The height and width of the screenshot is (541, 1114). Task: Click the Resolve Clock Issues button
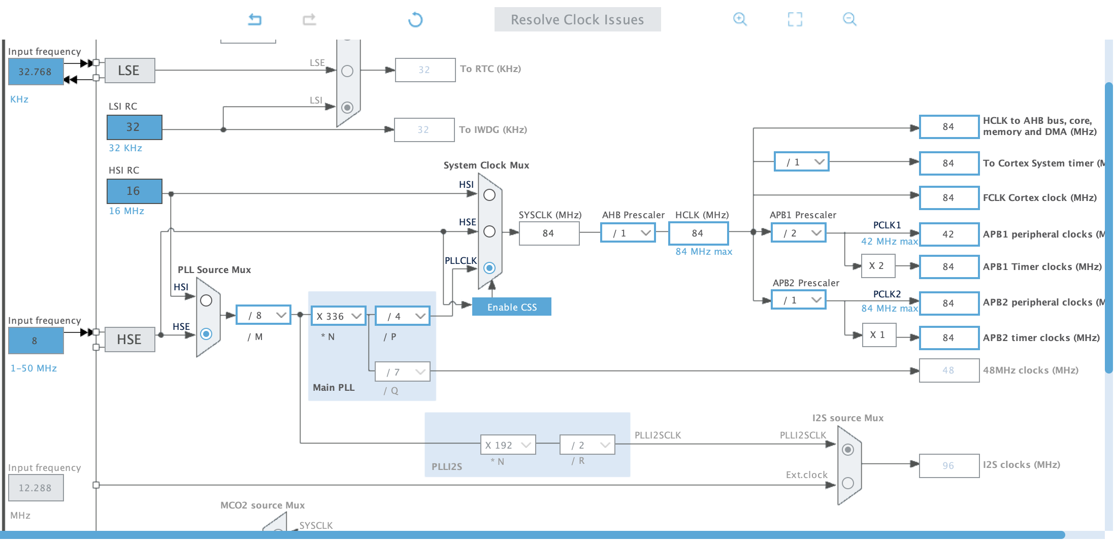[x=577, y=20]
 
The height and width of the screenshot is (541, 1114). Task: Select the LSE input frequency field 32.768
[x=36, y=72]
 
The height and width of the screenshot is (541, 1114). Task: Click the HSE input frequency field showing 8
[x=36, y=341]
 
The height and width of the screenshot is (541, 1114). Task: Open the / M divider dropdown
[x=264, y=316]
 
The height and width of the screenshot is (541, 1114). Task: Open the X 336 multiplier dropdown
[x=338, y=316]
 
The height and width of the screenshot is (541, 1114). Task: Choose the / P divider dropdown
[x=403, y=316]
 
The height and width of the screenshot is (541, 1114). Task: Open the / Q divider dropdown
[x=403, y=372]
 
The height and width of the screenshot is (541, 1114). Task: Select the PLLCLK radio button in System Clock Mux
[x=489, y=268]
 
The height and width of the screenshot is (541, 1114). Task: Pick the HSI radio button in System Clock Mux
[x=489, y=195]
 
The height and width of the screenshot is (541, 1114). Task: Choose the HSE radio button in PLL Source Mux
[x=206, y=334]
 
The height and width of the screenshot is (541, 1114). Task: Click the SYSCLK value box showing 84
[x=549, y=233]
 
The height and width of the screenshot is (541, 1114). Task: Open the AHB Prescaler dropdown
[x=628, y=233]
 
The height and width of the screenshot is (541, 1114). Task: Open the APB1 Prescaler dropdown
[x=799, y=233]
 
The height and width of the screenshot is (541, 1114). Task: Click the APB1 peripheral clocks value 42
[x=948, y=234]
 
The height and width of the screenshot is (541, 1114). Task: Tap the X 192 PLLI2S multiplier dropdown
[x=508, y=445]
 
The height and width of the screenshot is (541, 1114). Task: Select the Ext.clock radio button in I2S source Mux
[x=848, y=483]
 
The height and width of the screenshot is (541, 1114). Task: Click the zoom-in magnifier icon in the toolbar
[x=740, y=19]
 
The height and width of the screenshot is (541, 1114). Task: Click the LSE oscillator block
[x=129, y=71]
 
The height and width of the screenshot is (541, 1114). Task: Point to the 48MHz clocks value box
[x=948, y=370]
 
